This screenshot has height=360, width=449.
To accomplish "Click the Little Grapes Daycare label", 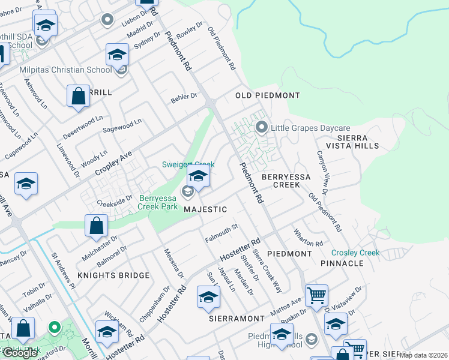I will [309, 128].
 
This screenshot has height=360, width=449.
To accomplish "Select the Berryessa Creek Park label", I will [158, 202].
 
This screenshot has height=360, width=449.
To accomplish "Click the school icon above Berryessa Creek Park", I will [197, 176].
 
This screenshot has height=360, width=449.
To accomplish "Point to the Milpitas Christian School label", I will [65, 70].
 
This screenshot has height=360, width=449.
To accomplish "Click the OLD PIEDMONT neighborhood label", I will [267, 95].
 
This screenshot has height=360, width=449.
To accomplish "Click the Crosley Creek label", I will [355, 253].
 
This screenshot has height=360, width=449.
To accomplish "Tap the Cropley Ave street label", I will [113, 163].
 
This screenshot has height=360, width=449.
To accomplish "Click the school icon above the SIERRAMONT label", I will [209, 297].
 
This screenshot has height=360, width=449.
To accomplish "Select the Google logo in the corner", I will [20, 352].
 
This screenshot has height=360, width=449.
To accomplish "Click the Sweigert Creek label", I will [188, 164].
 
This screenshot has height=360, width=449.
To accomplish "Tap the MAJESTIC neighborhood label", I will [205, 209].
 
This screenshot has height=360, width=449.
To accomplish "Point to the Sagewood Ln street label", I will [122, 124].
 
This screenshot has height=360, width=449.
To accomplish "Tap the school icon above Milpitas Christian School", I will [118, 55].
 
